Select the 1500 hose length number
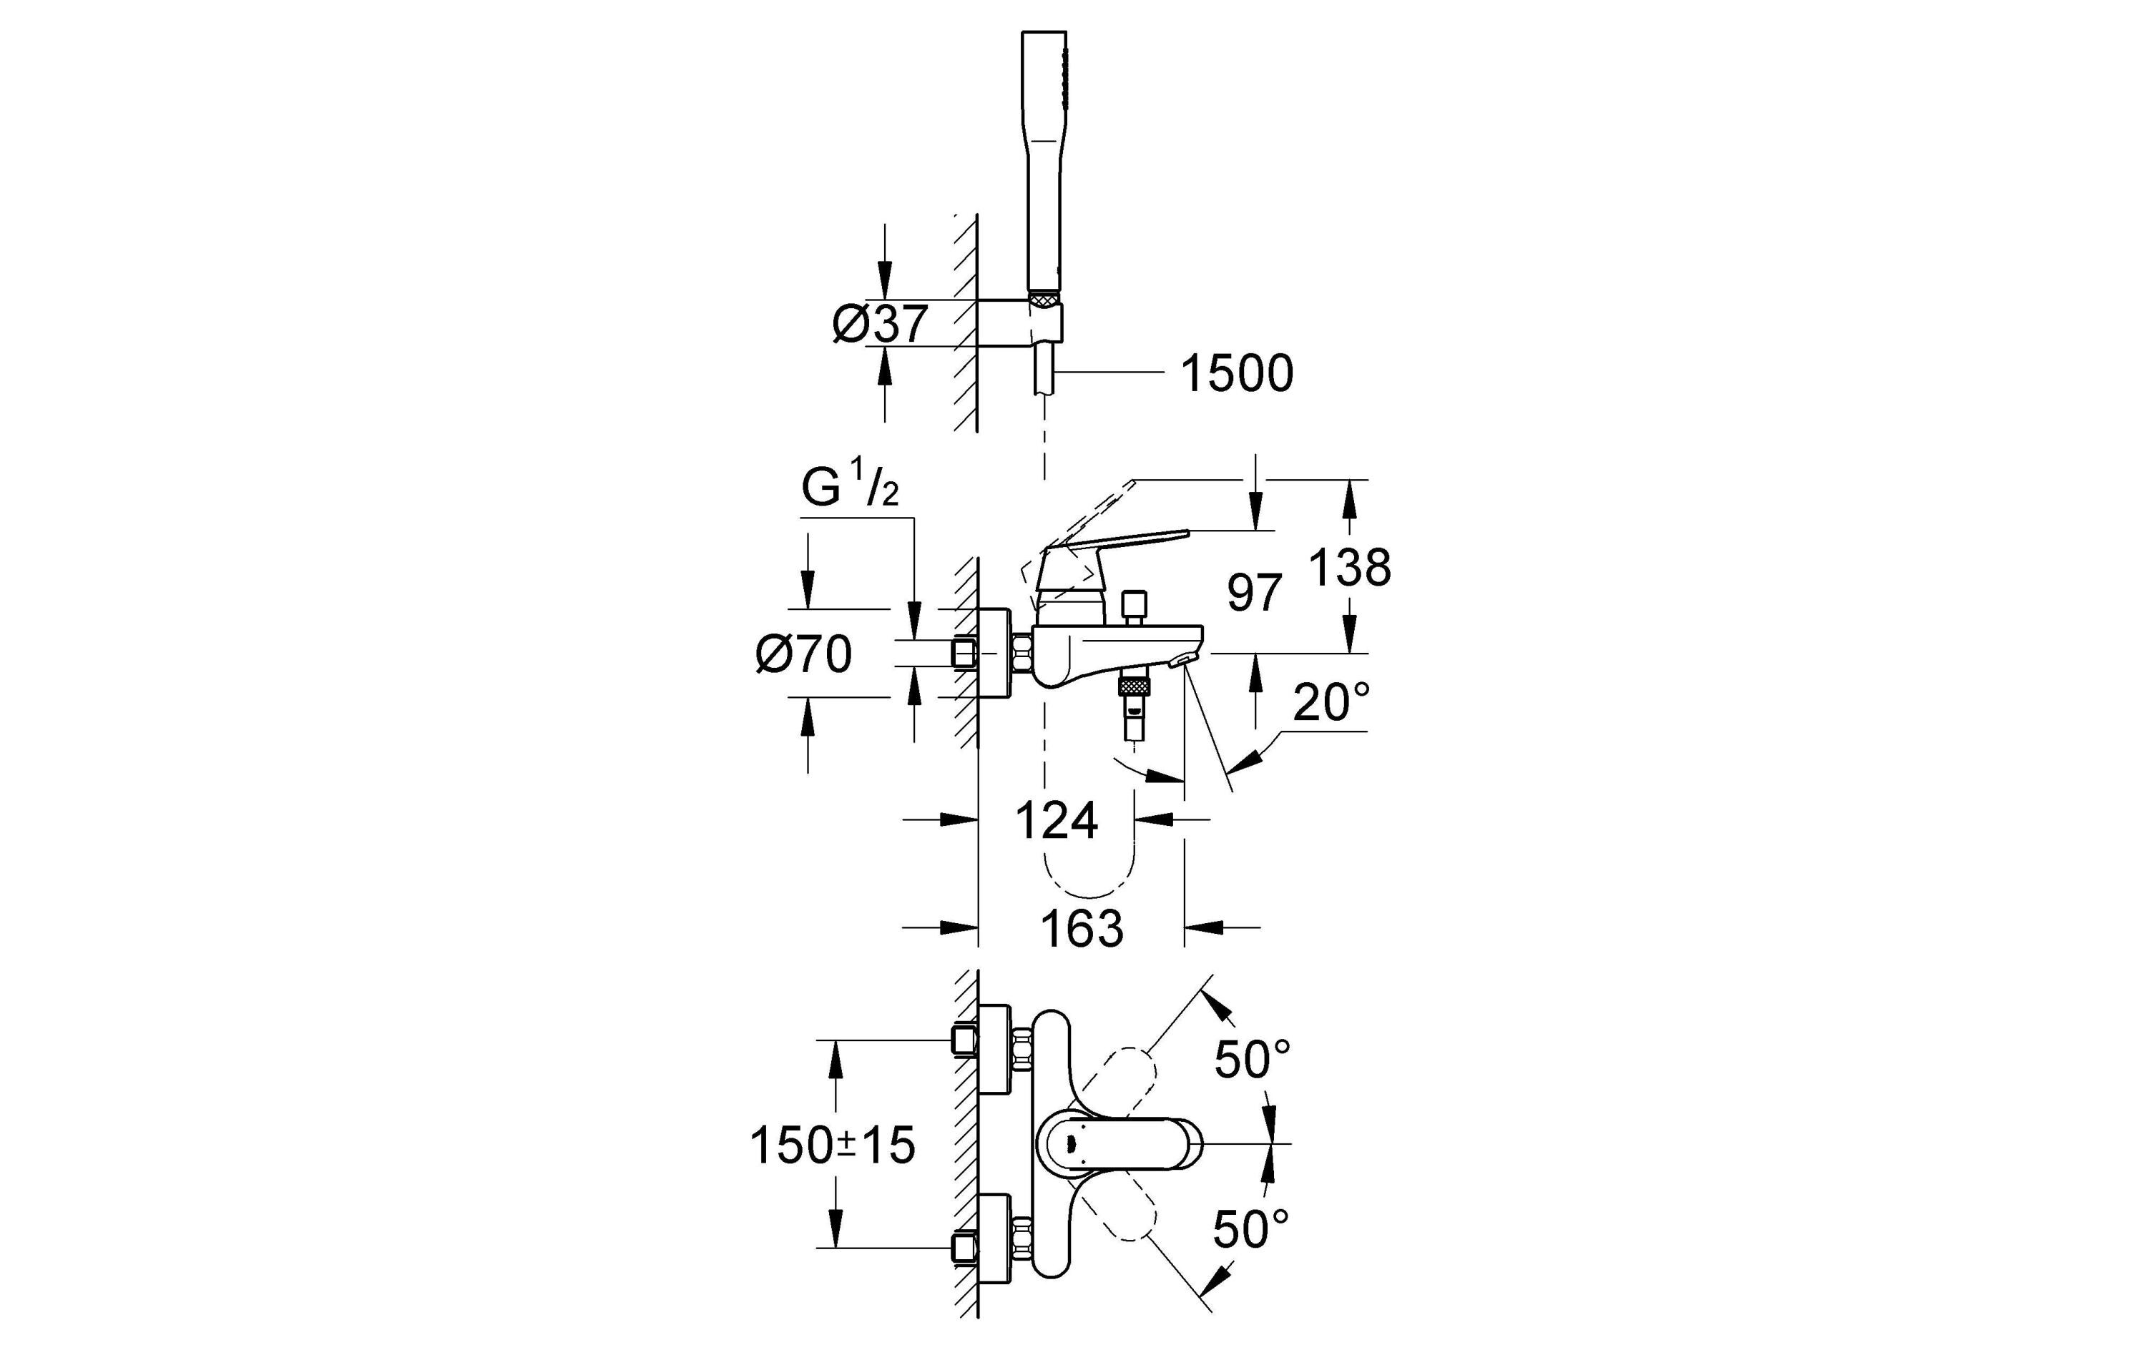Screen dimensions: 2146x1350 [x=1236, y=373]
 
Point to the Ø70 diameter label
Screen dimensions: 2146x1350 [x=803, y=654]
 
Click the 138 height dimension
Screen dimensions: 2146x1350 [x=1349, y=567]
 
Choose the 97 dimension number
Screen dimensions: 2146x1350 [x=1254, y=593]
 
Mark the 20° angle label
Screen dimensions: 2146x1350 [x=1331, y=702]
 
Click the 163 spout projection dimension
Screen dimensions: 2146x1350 [x=1082, y=930]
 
